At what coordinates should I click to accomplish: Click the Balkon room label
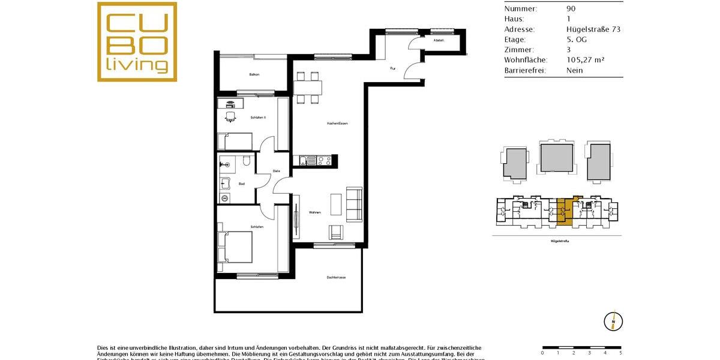coord(254,74)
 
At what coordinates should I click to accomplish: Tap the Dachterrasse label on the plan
coord(337,277)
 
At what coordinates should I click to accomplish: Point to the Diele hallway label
coord(276,171)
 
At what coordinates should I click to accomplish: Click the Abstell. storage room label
coord(439,40)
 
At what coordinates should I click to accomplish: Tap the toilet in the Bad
coord(247,161)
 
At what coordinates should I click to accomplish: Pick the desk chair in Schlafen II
coord(230,117)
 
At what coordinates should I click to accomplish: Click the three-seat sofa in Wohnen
coord(355,204)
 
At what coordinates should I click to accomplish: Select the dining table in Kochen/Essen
coord(307,88)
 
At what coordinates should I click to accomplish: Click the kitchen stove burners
coord(324,160)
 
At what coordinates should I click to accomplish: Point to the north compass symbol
coord(613,321)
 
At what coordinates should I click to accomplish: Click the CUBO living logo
coord(137,41)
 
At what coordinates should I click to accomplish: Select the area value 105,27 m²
coord(585,60)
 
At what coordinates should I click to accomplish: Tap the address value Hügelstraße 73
coord(593,29)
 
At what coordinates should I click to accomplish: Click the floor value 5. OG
coord(577,40)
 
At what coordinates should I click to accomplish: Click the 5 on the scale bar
coord(620,353)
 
